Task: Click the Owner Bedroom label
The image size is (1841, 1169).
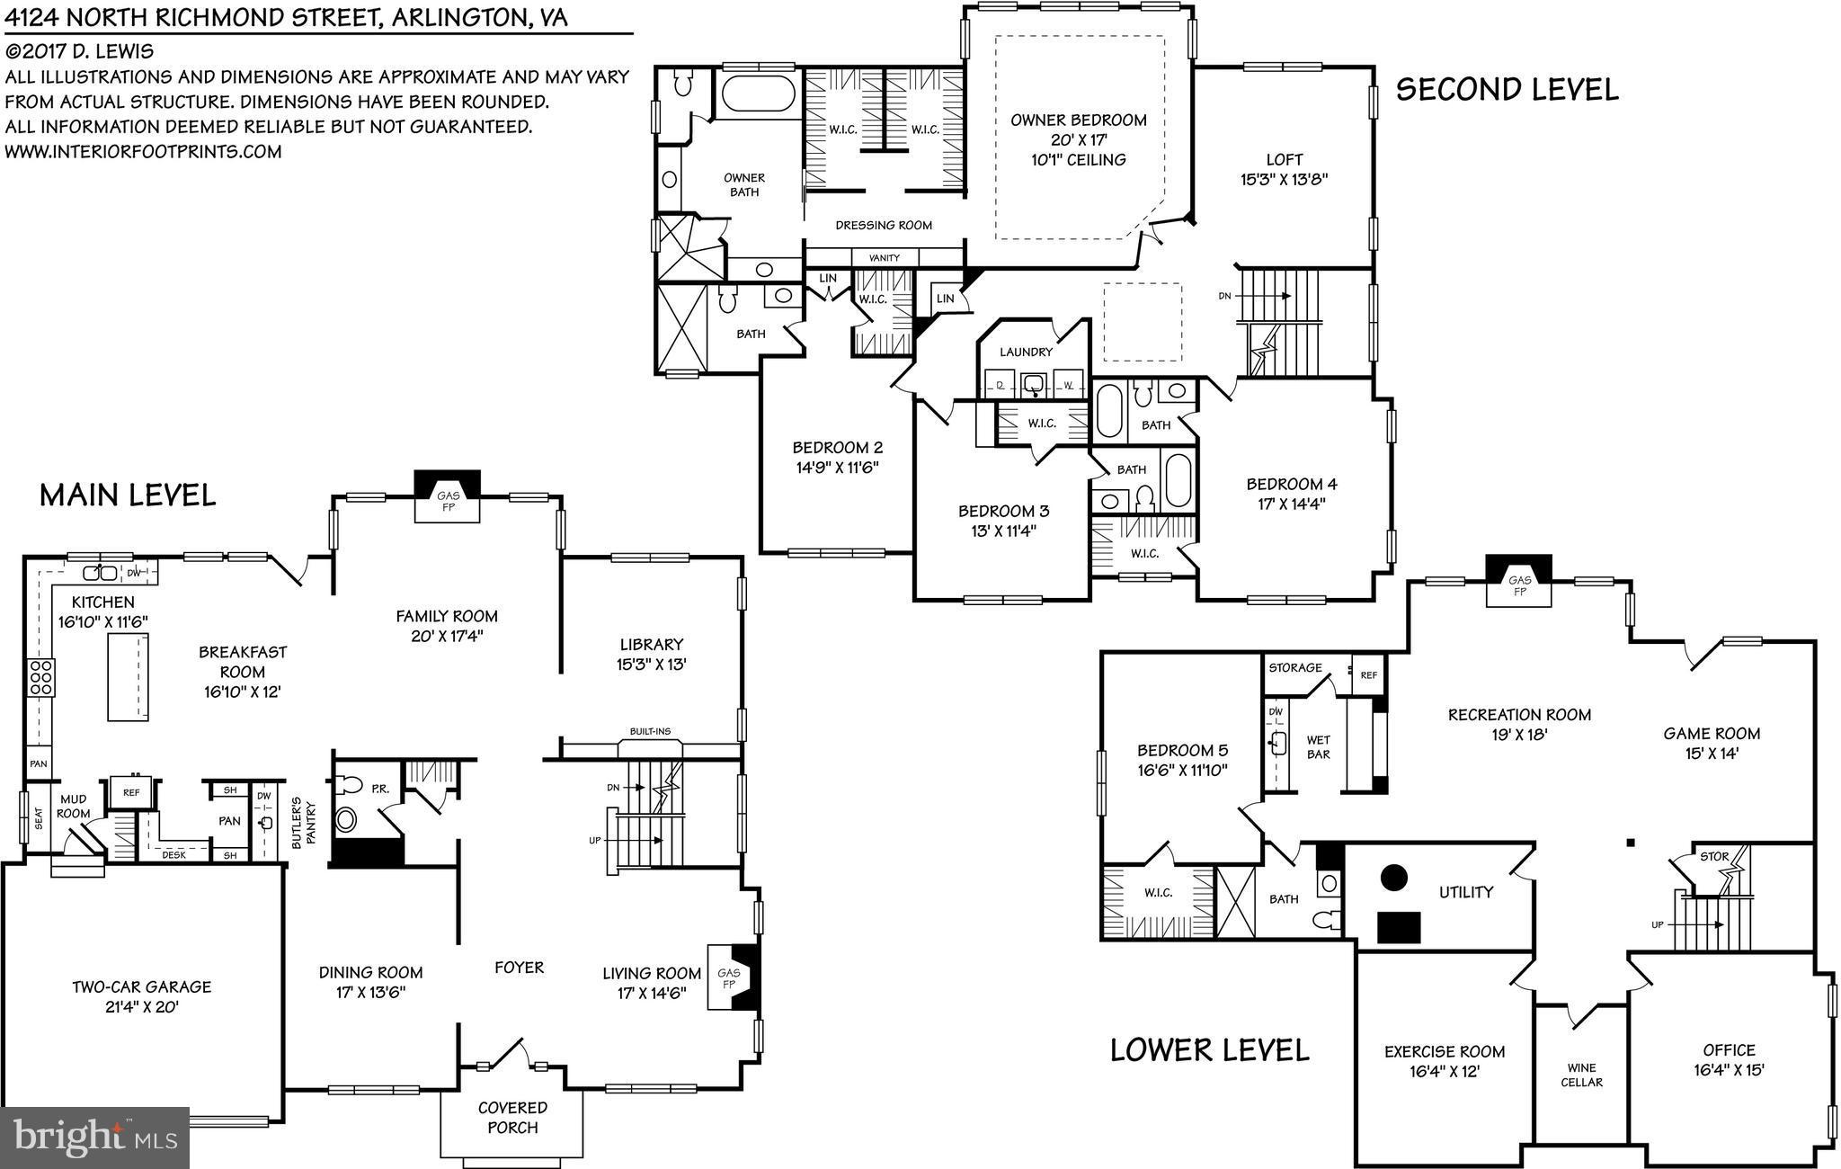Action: click(1078, 120)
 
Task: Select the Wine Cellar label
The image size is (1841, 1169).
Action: click(1581, 1075)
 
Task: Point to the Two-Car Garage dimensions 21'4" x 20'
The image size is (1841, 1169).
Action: click(141, 1006)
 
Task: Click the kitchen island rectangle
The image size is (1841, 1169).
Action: click(128, 676)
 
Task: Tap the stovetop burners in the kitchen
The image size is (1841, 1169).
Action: click(41, 676)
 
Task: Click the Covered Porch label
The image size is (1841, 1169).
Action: click(512, 1117)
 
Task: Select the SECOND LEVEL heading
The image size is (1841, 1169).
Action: click(1507, 89)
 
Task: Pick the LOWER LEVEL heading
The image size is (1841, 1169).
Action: click(1209, 1049)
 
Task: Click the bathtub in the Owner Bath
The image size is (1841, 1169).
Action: click(759, 94)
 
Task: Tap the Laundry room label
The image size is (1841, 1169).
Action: click(1026, 352)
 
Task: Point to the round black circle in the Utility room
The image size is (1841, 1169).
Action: click(1394, 877)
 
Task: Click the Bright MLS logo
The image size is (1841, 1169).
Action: click(93, 1137)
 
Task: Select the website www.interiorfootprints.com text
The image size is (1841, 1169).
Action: click(143, 151)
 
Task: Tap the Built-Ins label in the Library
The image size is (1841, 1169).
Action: click(649, 731)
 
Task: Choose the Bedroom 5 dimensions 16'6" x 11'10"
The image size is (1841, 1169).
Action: click(1182, 770)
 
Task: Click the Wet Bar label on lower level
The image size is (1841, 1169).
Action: click(1318, 747)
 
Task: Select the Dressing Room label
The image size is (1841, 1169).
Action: click(884, 225)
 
